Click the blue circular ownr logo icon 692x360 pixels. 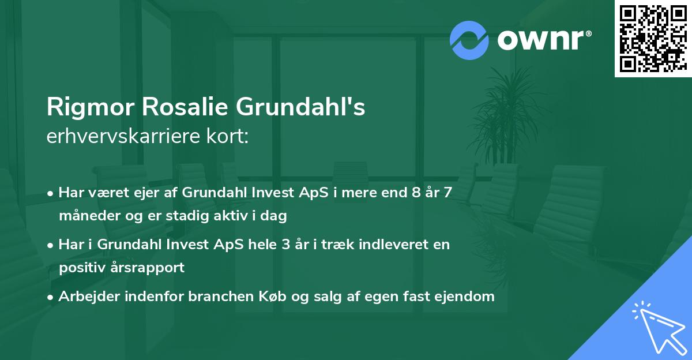470,40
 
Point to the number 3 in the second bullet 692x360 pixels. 285,244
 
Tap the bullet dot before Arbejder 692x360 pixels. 51,297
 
